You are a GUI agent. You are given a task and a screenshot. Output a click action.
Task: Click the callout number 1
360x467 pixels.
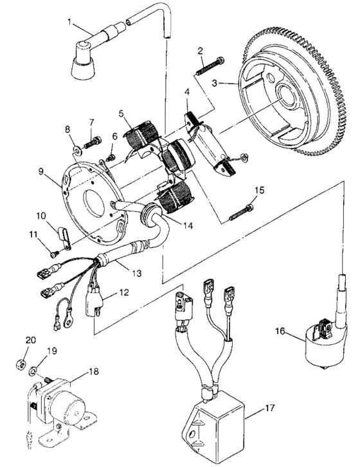coord(69,22)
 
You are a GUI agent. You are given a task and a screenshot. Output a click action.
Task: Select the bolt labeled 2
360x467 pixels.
coord(210,65)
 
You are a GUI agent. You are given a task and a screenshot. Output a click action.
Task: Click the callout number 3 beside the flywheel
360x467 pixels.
coord(215,83)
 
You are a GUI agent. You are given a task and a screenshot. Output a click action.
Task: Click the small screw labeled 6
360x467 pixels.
coord(112,156)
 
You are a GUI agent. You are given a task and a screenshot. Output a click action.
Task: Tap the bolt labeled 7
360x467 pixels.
coord(93,143)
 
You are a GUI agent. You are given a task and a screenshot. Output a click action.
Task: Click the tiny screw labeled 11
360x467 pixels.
coord(54,254)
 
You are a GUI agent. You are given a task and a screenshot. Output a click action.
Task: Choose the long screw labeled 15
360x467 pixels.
coord(242,213)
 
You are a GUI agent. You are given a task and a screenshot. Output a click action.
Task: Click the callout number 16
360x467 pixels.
coord(280,331)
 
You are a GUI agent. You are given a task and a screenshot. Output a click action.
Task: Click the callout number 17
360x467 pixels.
coord(270,408)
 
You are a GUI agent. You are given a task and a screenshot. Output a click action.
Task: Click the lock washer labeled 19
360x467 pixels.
coord(33,371)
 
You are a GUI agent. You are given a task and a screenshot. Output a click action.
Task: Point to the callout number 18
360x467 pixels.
coord(94,371)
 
